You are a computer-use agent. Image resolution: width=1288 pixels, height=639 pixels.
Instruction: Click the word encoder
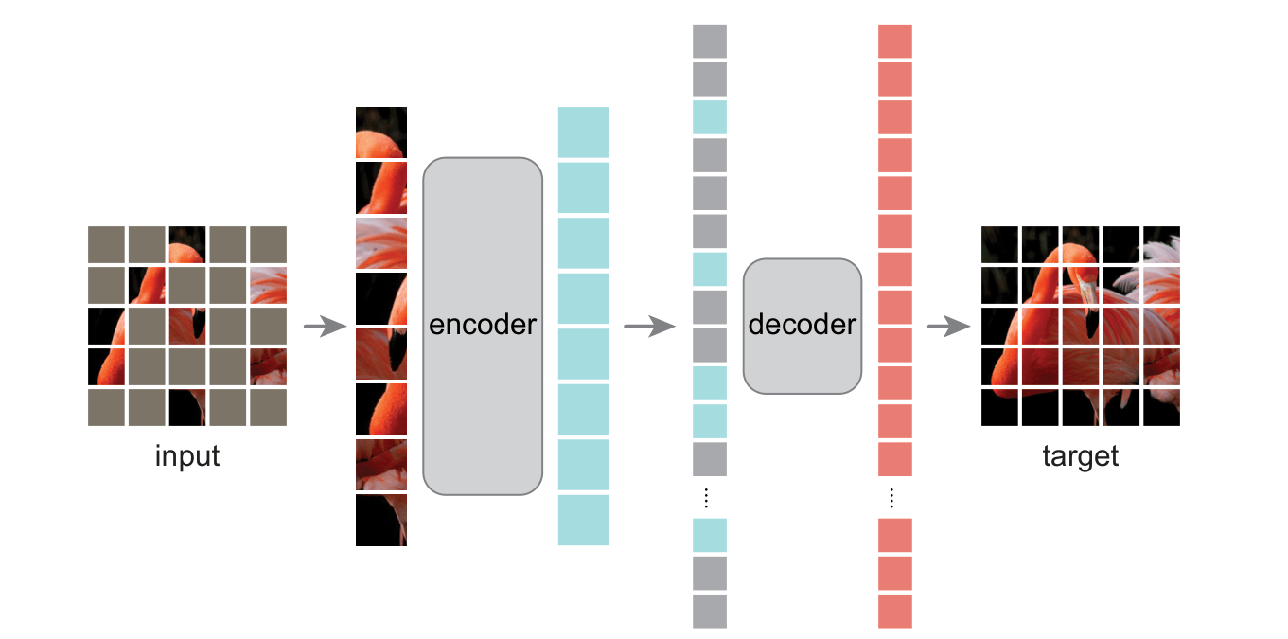483,326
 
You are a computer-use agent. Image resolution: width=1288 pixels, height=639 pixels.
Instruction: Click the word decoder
803,326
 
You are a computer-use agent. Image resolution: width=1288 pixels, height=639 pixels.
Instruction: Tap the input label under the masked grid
187,456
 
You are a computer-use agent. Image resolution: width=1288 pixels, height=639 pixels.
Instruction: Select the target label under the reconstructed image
1080,456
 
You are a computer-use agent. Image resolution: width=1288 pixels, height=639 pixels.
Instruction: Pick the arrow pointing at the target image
949,328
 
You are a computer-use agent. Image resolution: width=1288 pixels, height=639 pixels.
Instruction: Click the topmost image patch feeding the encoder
381,133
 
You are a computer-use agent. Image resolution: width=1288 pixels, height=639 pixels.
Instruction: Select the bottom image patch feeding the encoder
381,520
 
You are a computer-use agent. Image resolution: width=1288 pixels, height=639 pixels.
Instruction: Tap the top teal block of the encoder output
583,133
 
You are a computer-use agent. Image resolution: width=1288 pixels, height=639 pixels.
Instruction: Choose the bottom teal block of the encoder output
583,520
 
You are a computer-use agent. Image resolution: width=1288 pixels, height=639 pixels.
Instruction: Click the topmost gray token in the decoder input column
710,42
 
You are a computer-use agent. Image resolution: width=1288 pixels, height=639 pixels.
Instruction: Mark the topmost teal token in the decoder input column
710,117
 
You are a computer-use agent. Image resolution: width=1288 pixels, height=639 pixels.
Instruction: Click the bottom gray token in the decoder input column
710,611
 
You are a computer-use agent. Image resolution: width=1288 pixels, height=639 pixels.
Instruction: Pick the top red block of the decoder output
895,42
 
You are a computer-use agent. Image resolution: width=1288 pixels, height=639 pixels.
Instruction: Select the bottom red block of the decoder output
895,611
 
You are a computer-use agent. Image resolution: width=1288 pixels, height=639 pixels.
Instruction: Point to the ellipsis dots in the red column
895,498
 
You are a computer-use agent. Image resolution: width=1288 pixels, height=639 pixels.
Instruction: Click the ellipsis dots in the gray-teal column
710,498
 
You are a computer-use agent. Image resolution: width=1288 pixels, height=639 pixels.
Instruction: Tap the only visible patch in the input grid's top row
187,243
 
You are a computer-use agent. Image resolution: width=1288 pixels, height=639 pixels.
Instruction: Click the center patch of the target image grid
1080,326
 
